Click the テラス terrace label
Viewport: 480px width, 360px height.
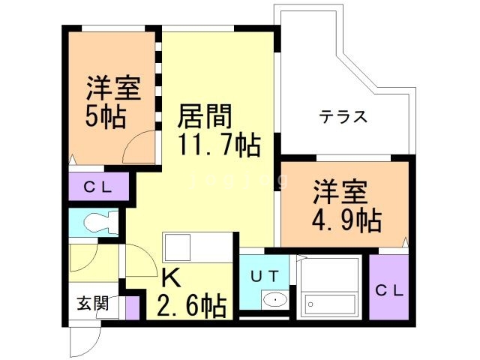tap(343, 117)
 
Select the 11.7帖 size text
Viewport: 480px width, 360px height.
tap(218, 143)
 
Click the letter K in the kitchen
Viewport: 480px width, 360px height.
tap(170, 278)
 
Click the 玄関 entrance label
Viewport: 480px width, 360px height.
tap(93, 304)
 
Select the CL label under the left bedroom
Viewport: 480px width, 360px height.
tap(97, 187)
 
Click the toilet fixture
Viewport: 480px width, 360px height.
tap(97, 223)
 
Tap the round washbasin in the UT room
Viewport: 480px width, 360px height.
tap(275, 301)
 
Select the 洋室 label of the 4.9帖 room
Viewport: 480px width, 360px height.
tap(340, 192)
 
